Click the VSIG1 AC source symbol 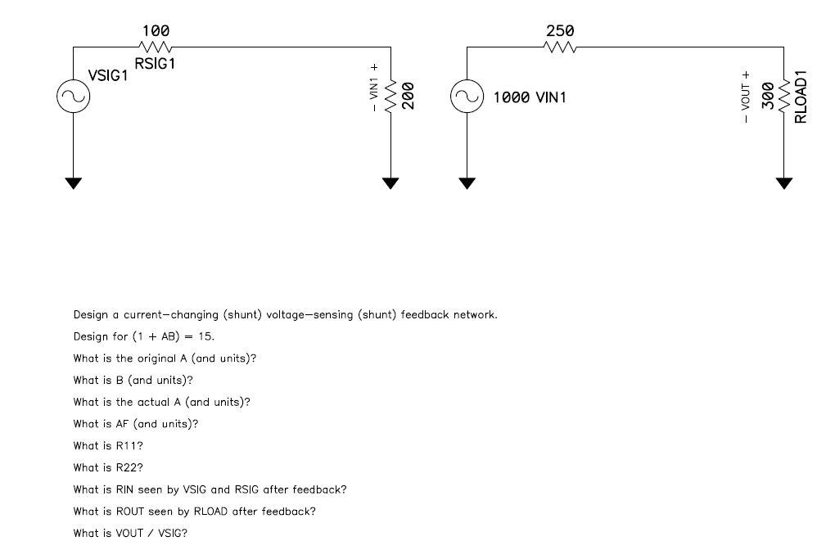[x=74, y=97]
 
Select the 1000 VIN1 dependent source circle [x=467, y=97]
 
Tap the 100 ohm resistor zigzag [x=156, y=47]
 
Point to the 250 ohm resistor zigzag [x=560, y=47]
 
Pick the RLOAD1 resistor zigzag [x=784, y=97]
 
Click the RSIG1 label [x=156, y=64]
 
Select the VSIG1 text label [x=108, y=79]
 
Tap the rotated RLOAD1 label [x=801, y=97]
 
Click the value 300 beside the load [x=768, y=97]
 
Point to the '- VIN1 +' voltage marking [x=374, y=87]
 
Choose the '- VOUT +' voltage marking [x=745, y=97]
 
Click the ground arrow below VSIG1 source [x=74, y=183]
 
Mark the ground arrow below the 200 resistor [x=390, y=183]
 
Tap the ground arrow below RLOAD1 [x=784, y=183]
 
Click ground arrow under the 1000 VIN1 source [x=467, y=183]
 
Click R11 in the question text [x=120, y=446]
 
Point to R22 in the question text [x=120, y=468]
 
